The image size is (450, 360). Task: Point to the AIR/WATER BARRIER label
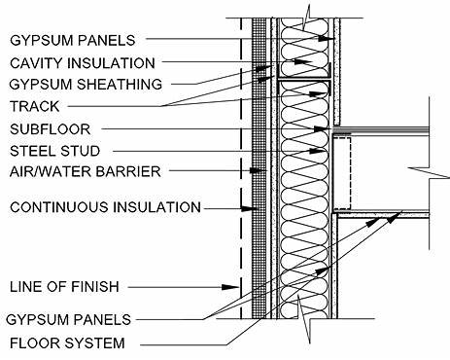point(77,172)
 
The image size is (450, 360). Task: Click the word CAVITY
point(36,62)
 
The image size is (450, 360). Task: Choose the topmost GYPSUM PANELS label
point(72,40)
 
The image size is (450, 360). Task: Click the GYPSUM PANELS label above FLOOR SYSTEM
point(68,319)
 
